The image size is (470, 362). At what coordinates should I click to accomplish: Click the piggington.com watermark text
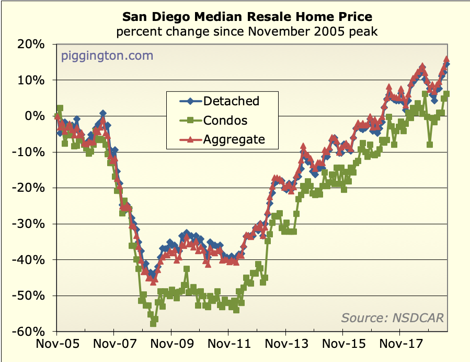107,56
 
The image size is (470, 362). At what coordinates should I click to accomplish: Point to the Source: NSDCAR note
392,317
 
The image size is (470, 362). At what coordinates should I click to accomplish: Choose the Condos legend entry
225,120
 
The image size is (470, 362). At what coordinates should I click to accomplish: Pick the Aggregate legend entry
234,139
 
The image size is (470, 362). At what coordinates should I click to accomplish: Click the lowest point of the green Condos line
153,323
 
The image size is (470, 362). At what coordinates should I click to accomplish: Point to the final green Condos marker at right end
446,94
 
